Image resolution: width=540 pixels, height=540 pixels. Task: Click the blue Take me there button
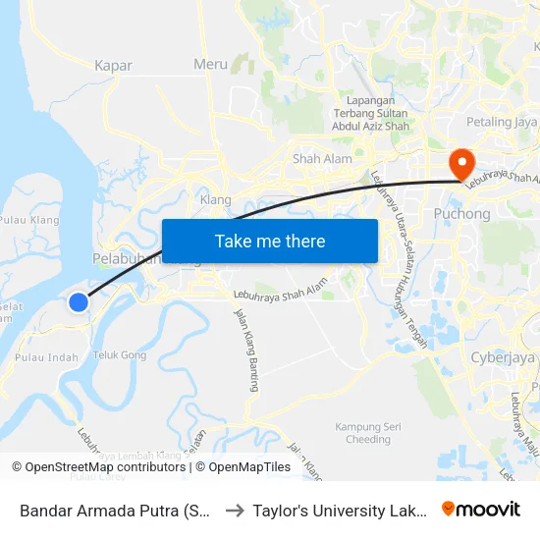point(270,241)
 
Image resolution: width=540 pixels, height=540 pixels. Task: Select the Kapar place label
point(113,66)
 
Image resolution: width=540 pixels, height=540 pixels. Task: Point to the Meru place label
point(210,65)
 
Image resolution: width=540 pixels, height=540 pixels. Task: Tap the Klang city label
point(215,199)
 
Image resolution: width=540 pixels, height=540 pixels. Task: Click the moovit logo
point(481,509)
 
